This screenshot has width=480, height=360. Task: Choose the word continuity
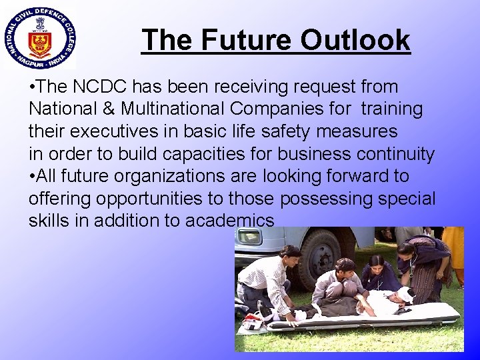[x=392, y=154]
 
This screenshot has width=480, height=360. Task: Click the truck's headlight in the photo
[x=250, y=238]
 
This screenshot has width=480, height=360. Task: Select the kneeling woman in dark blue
[x=379, y=272]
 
